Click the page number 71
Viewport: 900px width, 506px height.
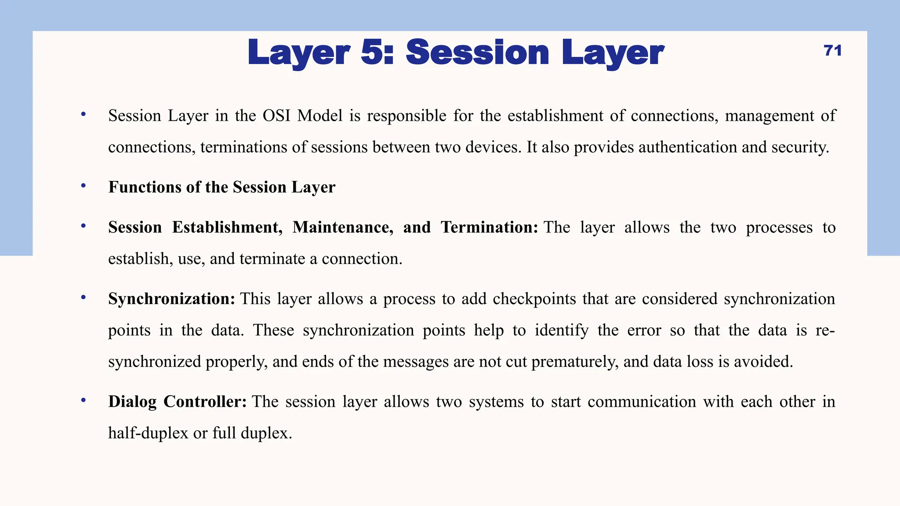pyautogui.click(x=833, y=51)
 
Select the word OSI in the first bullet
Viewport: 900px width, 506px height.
pyautogui.click(x=276, y=116)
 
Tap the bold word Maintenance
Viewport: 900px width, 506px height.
pyautogui.click(x=343, y=228)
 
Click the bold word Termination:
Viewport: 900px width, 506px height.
pyautogui.click(x=489, y=228)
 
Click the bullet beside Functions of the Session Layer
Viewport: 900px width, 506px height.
pyautogui.click(x=83, y=186)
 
